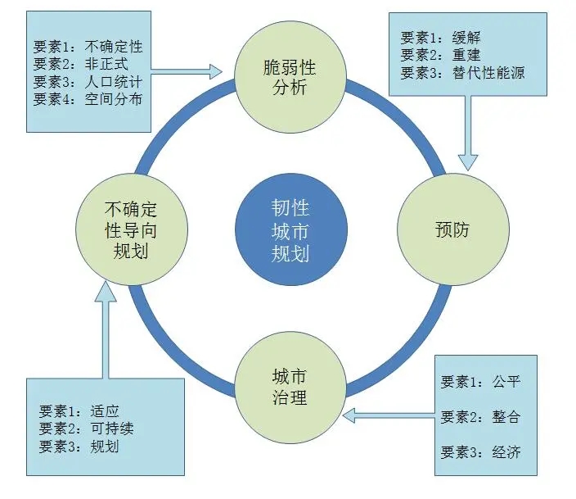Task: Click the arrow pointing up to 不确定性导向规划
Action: tap(105, 328)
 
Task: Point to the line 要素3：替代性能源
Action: tap(462, 74)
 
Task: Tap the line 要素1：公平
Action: tap(480, 382)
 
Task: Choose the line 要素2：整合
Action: tap(480, 417)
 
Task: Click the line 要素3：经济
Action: tap(480, 452)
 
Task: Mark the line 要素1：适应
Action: tap(79, 411)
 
